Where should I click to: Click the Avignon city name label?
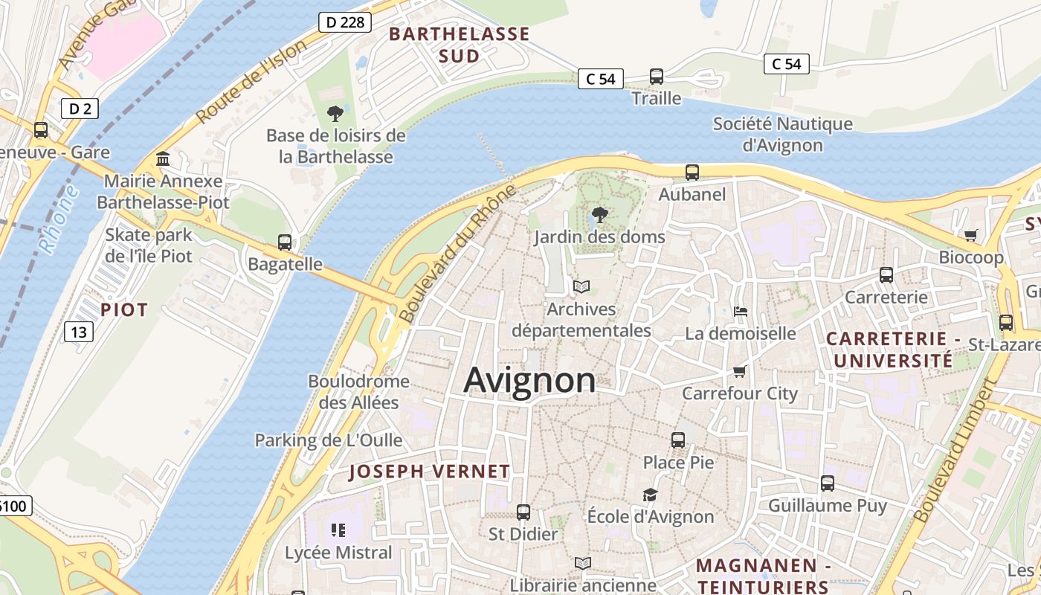pyautogui.click(x=529, y=380)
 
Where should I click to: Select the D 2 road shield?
pyautogui.click(x=80, y=109)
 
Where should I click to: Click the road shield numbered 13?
pyautogui.click(x=78, y=331)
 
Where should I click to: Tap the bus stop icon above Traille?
pyautogui.click(x=657, y=76)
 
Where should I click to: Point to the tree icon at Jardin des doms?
pyautogui.click(x=599, y=216)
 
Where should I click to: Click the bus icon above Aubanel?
pyautogui.click(x=692, y=173)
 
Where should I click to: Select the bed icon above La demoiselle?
pyautogui.click(x=740, y=312)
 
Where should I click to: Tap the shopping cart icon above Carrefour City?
pyautogui.click(x=739, y=371)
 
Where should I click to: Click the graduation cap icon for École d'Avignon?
pyautogui.click(x=651, y=495)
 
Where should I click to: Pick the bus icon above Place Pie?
pyautogui.click(x=678, y=440)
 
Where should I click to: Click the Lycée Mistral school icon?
pyautogui.click(x=338, y=530)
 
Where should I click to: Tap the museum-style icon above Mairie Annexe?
pyautogui.click(x=163, y=159)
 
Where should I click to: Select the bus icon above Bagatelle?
pyautogui.click(x=285, y=242)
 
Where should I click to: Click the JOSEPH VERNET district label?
pyautogui.click(x=430, y=472)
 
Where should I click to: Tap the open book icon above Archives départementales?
pyautogui.click(x=581, y=286)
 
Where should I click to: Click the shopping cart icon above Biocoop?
pyautogui.click(x=970, y=236)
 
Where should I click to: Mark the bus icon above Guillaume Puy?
pyautogui.click(x=828, y=483)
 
